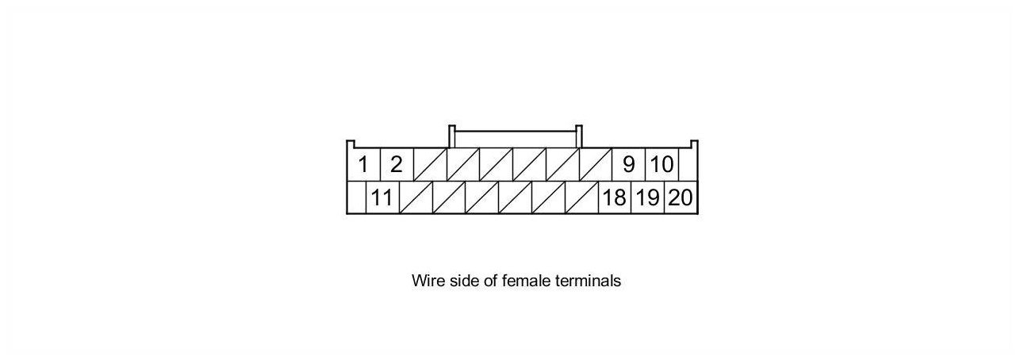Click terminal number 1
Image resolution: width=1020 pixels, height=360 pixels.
[363, 165]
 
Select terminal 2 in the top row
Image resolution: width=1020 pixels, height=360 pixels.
[397, 165]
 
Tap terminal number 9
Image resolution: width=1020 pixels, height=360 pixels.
[629, 165]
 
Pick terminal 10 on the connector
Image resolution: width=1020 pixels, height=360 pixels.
[661, 165]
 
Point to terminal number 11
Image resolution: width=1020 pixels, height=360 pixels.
[382, 197]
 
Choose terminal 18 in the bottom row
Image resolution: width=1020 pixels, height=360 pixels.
[614, 197]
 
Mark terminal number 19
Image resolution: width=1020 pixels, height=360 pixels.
[647, 197]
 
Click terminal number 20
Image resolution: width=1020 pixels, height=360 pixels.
[681, 197]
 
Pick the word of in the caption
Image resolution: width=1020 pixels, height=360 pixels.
[492, 281]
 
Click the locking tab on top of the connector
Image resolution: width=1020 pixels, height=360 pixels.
[516, 137]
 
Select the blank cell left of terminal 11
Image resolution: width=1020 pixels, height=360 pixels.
[356, 197]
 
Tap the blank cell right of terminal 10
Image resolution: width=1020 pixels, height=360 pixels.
[687, 165]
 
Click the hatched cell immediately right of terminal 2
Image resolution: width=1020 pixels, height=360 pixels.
[430, 165]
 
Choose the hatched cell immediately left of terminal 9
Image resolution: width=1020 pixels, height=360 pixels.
[596, 165]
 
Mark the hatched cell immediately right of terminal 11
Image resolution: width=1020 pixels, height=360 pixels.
[416, 197]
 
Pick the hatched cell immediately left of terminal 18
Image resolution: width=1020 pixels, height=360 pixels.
[581, 197]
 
